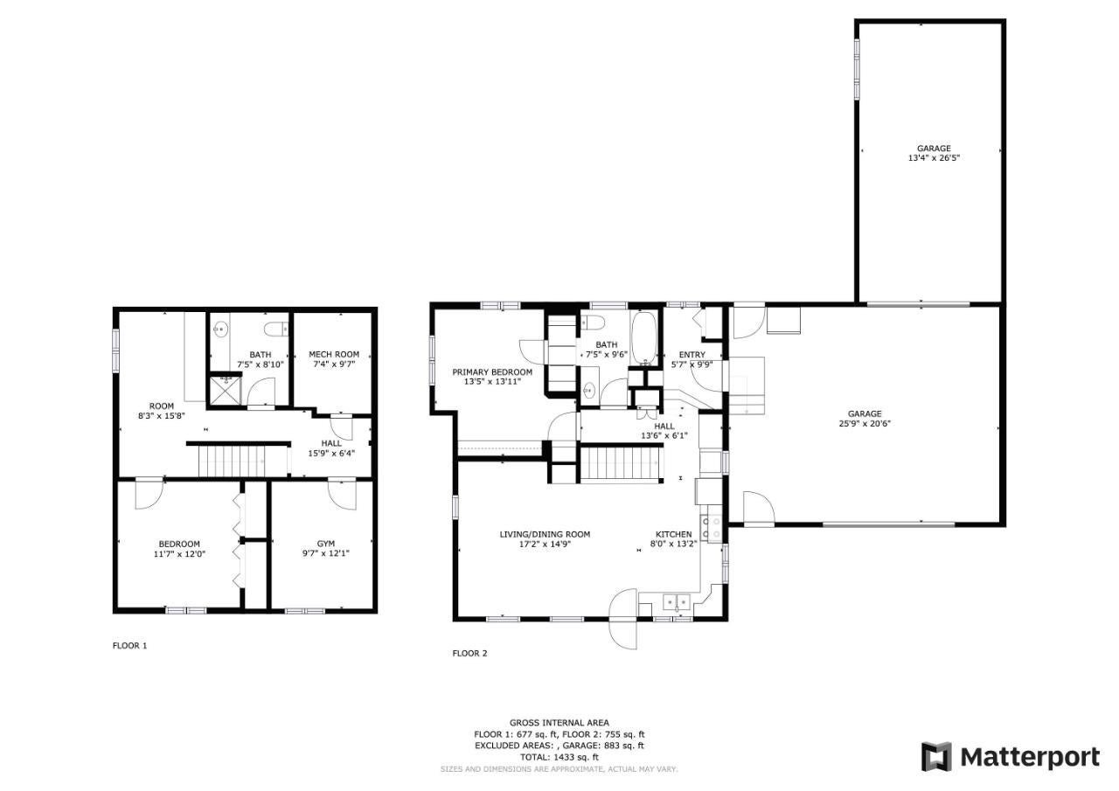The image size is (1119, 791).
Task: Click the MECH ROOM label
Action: (x=334, y=354)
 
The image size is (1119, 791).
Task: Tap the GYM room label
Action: (x=326, y=544)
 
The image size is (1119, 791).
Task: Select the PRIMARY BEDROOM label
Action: (x=492, y=372)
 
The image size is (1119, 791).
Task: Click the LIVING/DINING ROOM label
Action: (x=545, y=534)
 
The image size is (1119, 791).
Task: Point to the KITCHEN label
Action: (x=673, y=534)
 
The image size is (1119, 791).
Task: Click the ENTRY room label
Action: (x=692, y=355)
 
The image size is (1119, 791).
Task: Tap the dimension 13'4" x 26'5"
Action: (x=934, y=158)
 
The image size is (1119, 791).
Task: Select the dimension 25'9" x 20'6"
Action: (x=865, y=423)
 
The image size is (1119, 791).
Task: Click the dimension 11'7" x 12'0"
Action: (x=179, y=553)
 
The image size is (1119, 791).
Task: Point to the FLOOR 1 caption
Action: (x=130, y=646)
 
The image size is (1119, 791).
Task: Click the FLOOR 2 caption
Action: (x=469, y=653)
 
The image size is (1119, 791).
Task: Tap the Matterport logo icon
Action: (x=936, y=757)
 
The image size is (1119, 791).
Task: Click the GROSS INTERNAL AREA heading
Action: (x=559, y=723)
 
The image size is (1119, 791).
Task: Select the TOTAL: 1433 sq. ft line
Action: (x=559, y=757)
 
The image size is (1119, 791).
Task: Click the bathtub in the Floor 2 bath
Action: (x=644, y=338)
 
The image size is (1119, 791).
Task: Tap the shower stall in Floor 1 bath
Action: (x=226, y=390)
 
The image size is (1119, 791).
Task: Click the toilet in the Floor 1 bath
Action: (x=276, y=329)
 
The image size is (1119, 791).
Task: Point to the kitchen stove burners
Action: (x=712, y=528)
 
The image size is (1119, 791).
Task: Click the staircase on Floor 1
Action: (x=232, y=461)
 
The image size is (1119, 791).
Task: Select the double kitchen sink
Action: (x=677, y=601)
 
